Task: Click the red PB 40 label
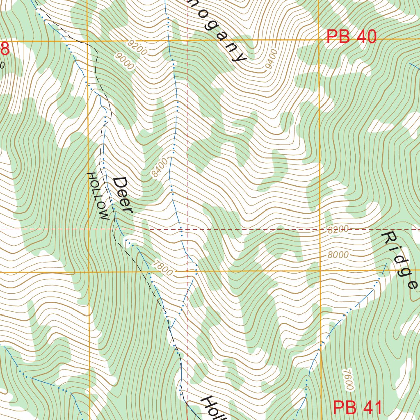point(352,37)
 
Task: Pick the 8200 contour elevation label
point(338,230)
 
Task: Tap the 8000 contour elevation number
point(338,255)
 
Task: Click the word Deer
point(123,195)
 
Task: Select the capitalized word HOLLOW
point(98,196)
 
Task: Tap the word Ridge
point(400,260)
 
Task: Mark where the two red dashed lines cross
point(187,229)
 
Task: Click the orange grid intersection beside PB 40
point(319,39)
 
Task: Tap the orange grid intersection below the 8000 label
point(320,271)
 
